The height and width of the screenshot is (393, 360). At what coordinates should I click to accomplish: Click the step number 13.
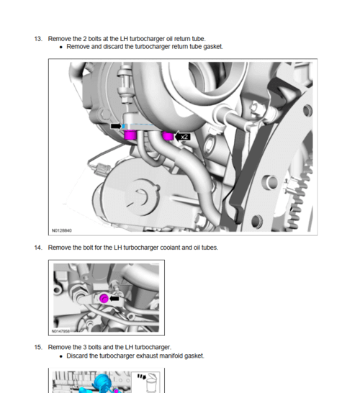38,37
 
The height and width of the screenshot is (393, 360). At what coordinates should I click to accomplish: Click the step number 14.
38,248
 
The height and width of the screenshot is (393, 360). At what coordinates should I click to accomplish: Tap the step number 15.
38,347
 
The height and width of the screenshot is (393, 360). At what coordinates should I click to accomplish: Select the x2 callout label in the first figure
184,136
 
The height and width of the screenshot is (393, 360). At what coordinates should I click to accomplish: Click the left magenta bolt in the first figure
131,135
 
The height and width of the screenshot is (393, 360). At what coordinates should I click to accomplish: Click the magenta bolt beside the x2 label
168,136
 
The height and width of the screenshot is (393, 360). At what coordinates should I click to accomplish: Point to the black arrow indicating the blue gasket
115,126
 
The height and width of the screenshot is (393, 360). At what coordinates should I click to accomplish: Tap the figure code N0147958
61,332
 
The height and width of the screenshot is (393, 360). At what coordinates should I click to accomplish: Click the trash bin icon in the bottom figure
151,384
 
